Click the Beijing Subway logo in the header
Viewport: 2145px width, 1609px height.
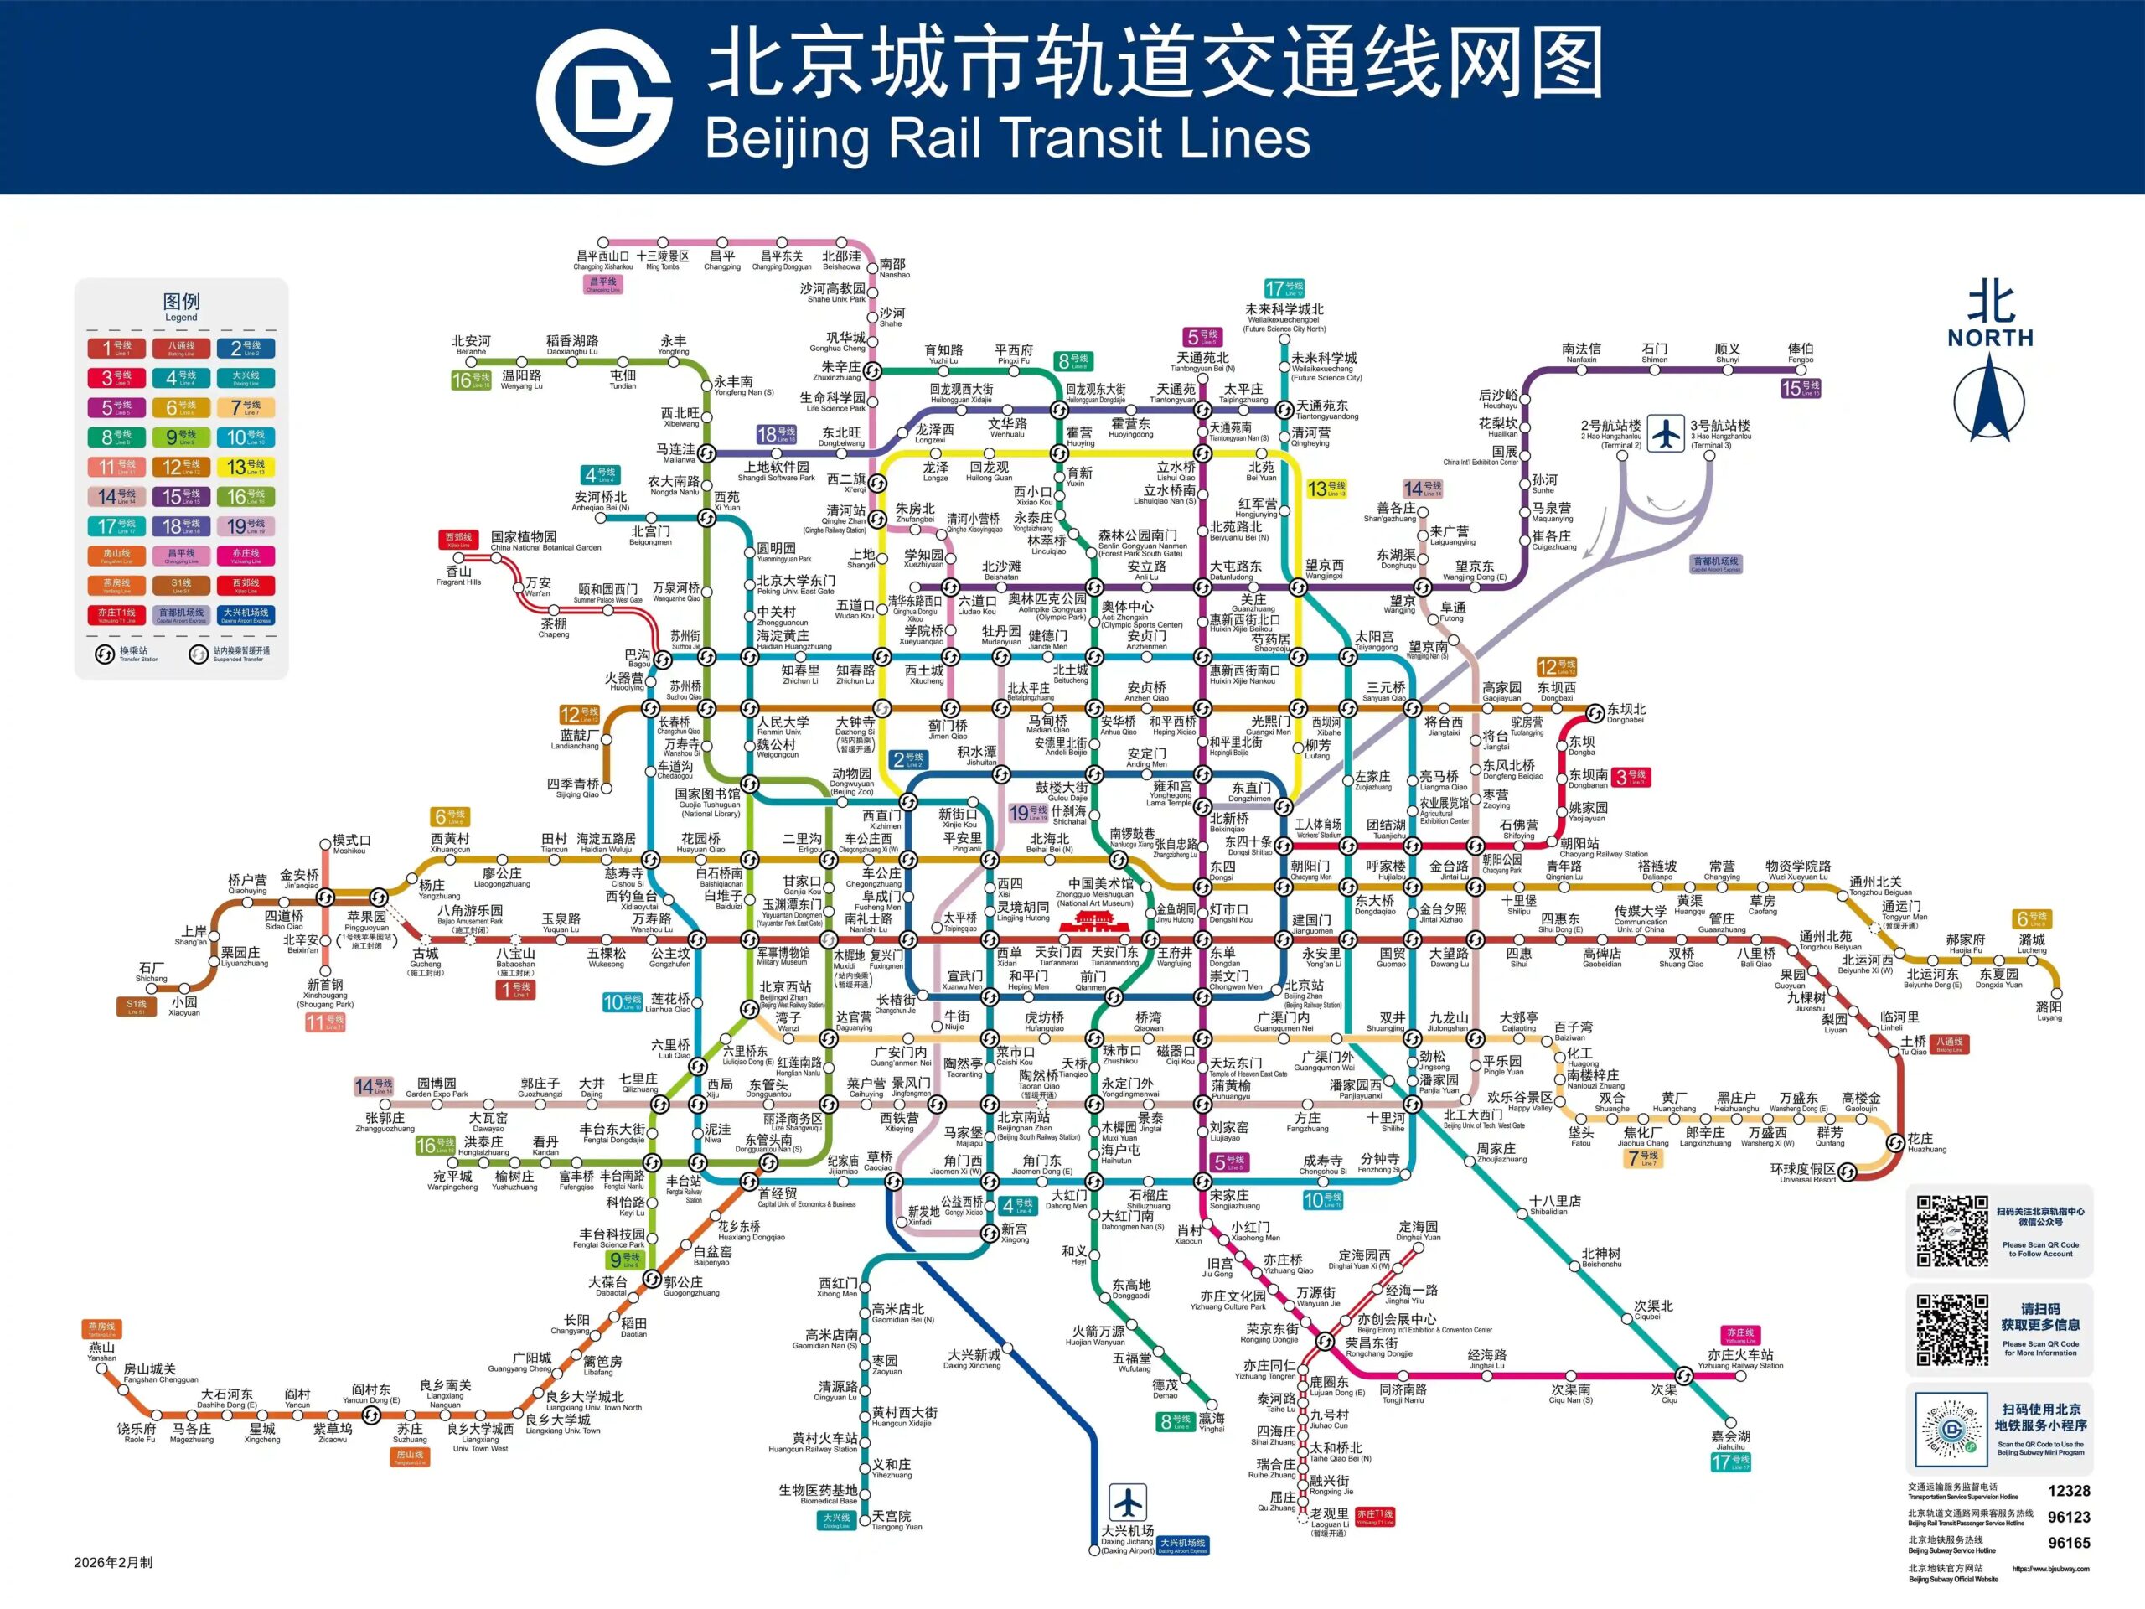pyautogui.click(x=604, y=97)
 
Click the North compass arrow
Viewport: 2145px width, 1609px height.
pyautogui.click(x=1989, y=399)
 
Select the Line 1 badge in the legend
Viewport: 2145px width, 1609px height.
pyautogui.click(x=116, y=347)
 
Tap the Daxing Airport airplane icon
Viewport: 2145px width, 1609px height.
pyautogui.click(x=1128, y=1503)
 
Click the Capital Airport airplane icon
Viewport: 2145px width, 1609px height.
pyautogui.click(x=1666, y=432)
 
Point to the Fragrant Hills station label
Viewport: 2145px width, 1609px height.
pyautogui.click(x=458, y=576)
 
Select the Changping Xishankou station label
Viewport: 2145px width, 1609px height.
pyautogui.click(x=602, y=260)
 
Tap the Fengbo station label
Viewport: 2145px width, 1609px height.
pyautogui.click(x=1801, y=352)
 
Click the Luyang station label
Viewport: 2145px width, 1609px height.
pyautogui.click(x=2049, y=1011)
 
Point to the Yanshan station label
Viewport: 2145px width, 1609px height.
pyautogui.click(x=102, y=1351)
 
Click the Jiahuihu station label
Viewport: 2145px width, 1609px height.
pyautogui.click(x=1731, y=1439)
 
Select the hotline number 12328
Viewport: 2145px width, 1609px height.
pyautogui.click(x=2069, y=1491)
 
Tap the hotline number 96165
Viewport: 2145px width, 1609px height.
pyautogui.click(x=2069, y=1543)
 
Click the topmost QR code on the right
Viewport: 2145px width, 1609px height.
pyautogui.click(x=1951, y=1231)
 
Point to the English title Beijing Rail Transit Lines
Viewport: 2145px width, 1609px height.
pyautogui.click(x=1006, y=137)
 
